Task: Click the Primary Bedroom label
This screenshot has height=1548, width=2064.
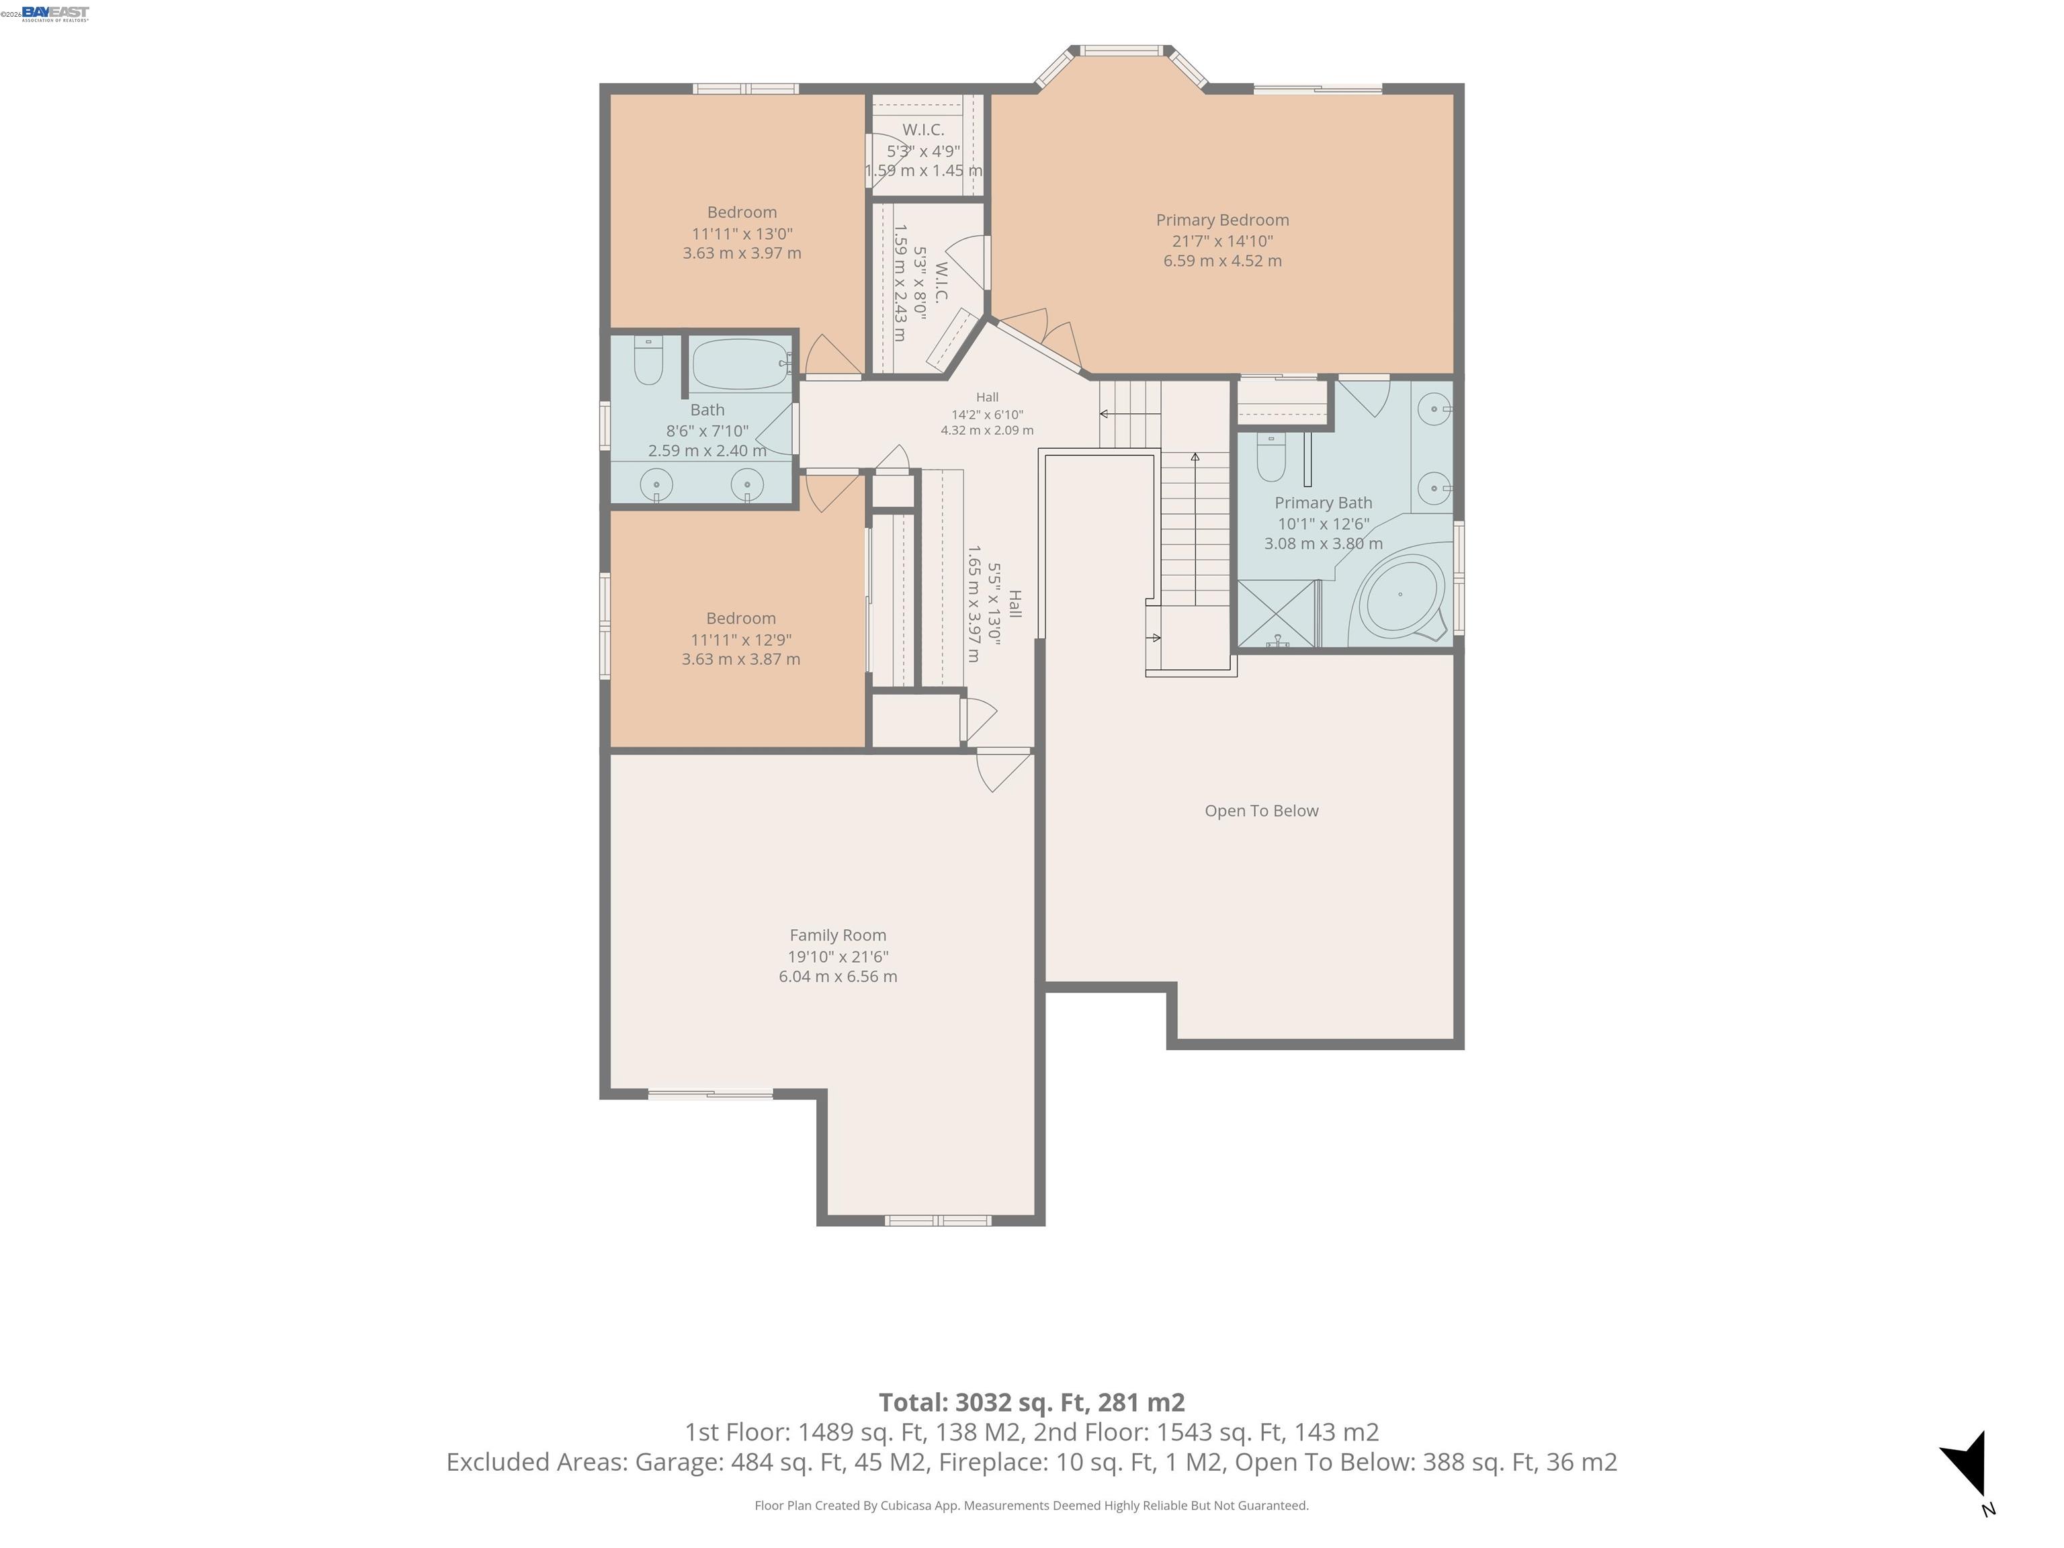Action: pos(1222,220)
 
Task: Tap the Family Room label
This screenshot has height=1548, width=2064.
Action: pos(838,935)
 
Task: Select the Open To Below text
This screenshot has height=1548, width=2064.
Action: pos(1262,811)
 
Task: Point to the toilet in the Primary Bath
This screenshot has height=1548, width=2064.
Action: pos(1271,458)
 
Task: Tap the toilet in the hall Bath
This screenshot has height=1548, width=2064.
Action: pos(648,360)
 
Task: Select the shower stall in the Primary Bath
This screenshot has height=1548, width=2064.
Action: pos(1277,613)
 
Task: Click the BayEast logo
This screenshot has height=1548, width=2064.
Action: pos(55,13)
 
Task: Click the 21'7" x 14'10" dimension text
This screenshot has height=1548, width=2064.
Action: pos(1222,241)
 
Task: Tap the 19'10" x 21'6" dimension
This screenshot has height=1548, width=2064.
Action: pos(838,957)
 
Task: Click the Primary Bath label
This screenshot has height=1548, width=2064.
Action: pos(1323,503)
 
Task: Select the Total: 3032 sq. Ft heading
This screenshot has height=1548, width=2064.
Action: pos(1031,1402)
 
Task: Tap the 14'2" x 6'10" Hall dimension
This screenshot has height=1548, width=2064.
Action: pos(987,415)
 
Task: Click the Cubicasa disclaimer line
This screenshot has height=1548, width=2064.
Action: pos(1031,1505)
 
